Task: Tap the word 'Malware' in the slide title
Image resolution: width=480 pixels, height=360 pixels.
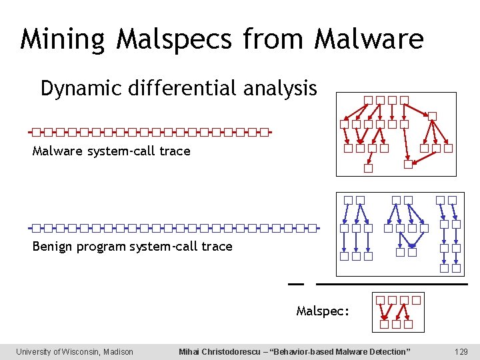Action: point(369,39)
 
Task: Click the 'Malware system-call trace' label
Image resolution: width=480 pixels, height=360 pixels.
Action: point(111,151)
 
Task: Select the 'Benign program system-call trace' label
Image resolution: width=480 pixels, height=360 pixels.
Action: point(132,247)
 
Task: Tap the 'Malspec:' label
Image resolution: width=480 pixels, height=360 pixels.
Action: point(323,311)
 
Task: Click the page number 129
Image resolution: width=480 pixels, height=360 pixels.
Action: point(461,351)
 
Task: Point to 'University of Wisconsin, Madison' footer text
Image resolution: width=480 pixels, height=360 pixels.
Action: point(75,351)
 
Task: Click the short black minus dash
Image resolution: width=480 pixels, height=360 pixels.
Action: point(295,284)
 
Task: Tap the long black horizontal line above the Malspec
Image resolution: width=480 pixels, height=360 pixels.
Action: point(391,284)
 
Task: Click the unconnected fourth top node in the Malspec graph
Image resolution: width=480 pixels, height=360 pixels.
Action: point(417,300)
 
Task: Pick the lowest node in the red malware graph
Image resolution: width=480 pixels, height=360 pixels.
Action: point(368,169)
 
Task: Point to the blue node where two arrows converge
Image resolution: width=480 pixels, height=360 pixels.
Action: point(412,253)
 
